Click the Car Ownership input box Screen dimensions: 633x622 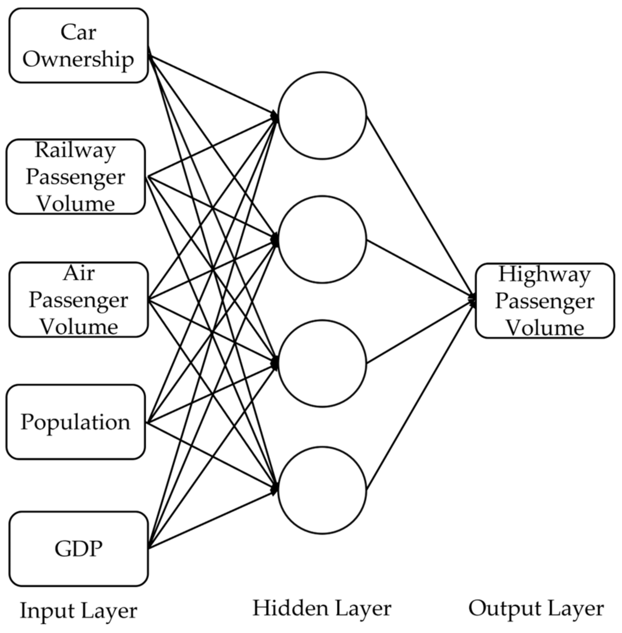[x=78, y=45]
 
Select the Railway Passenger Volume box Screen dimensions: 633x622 [x=76, y=176]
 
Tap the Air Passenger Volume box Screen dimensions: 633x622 [x=78, y=299]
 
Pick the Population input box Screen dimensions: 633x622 [x=76, y=422]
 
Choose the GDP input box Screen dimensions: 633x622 [x=78, y=549]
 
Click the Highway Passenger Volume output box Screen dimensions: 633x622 [x=545, y=301]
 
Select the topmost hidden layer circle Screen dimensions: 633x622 [x=322, y=115]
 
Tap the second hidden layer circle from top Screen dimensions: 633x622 [x=322, y=239]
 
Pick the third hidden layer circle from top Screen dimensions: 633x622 [x=322, y=363]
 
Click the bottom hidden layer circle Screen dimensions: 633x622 [x=322, y=490]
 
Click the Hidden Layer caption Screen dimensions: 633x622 [x=322, y=608]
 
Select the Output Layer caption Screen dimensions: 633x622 [x=536, y=608]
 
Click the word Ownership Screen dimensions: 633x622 [x=78, y=59]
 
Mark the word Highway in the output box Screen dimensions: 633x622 [x=544, y=274]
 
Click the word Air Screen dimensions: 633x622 [x=78, y=273]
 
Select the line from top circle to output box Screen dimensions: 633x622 [x=420, y=206]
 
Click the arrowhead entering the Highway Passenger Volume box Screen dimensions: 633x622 [x=473, y=300]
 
